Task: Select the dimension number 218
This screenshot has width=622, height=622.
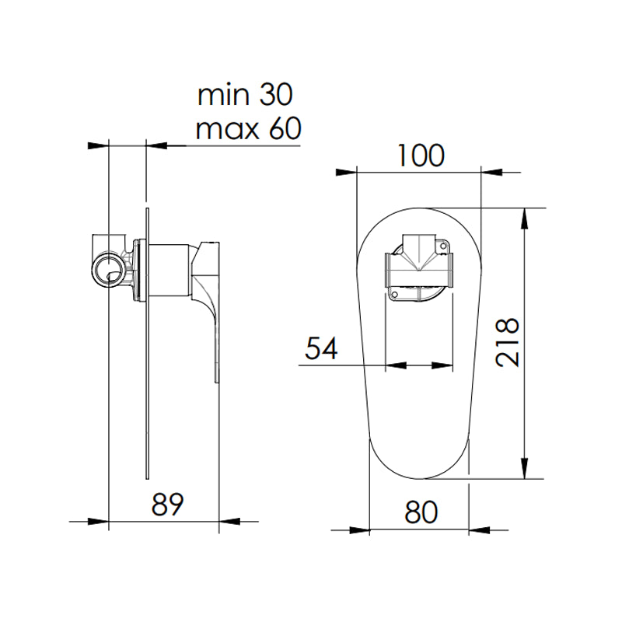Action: pyautogui.click(x=505, y=343)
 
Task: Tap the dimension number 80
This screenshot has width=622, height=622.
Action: pyautogui.click(x=420, y=512)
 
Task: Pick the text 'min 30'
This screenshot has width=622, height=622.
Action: pyautogui.click(x=244, y=96)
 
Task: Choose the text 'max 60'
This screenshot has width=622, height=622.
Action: pyautogui.click(x=247, y=128)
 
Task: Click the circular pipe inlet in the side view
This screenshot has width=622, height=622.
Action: pyautogui.click(x=107, y=271)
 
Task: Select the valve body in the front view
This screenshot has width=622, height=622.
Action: pyautogui.click(x=420, y=269)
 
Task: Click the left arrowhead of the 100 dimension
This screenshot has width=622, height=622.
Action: pyautogui.click(x=346, y=172)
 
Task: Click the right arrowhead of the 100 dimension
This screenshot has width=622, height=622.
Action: pyautogui.click(x=491, y=172)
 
